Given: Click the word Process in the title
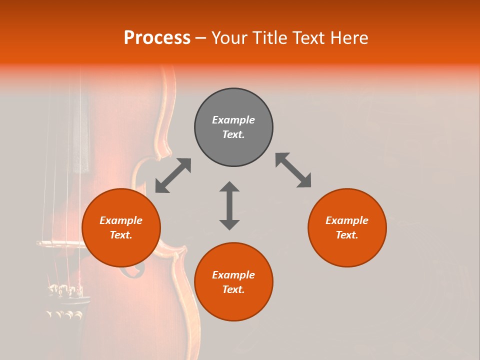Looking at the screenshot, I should pos(157,38).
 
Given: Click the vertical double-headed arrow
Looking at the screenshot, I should pos(229,205).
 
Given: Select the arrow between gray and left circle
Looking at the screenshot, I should pos(173,175).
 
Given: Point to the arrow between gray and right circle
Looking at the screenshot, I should pos(293,170).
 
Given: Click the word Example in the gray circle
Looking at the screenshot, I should pos(233,120).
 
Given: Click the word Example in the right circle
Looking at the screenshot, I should pos(347,220).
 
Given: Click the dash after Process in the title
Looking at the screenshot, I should pos(200,38).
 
